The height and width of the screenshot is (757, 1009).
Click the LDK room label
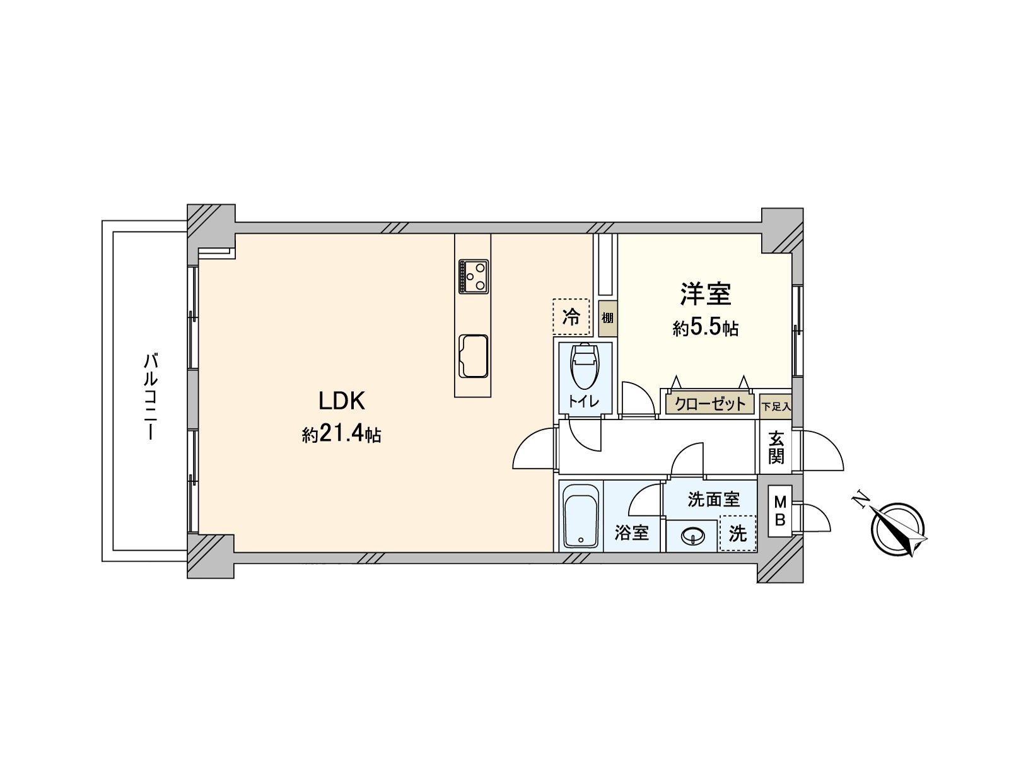(x=342, y=401)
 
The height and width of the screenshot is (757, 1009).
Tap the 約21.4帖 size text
(x=341, y=435)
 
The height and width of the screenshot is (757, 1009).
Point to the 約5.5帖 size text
(x=706, y=328)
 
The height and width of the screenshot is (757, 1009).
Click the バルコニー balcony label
(x=151, y=397)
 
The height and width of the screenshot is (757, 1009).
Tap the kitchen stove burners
(x=473, y=276)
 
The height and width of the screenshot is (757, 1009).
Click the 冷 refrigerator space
(x=571, y=317)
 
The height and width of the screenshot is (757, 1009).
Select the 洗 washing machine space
(x=738, y=533)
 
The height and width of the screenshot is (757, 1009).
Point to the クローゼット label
(x=710, y=404)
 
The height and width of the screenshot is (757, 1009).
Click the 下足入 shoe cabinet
(x=776, y=407)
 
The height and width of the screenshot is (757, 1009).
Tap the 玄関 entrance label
(x=776, y=450)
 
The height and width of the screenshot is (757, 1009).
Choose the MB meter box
(x=780, y=510)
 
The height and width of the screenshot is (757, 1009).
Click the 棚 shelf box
(x=608, y=318)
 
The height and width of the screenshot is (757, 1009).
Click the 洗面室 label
(x=713, y=500)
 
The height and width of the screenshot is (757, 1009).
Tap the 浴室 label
(x=632, y=532)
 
